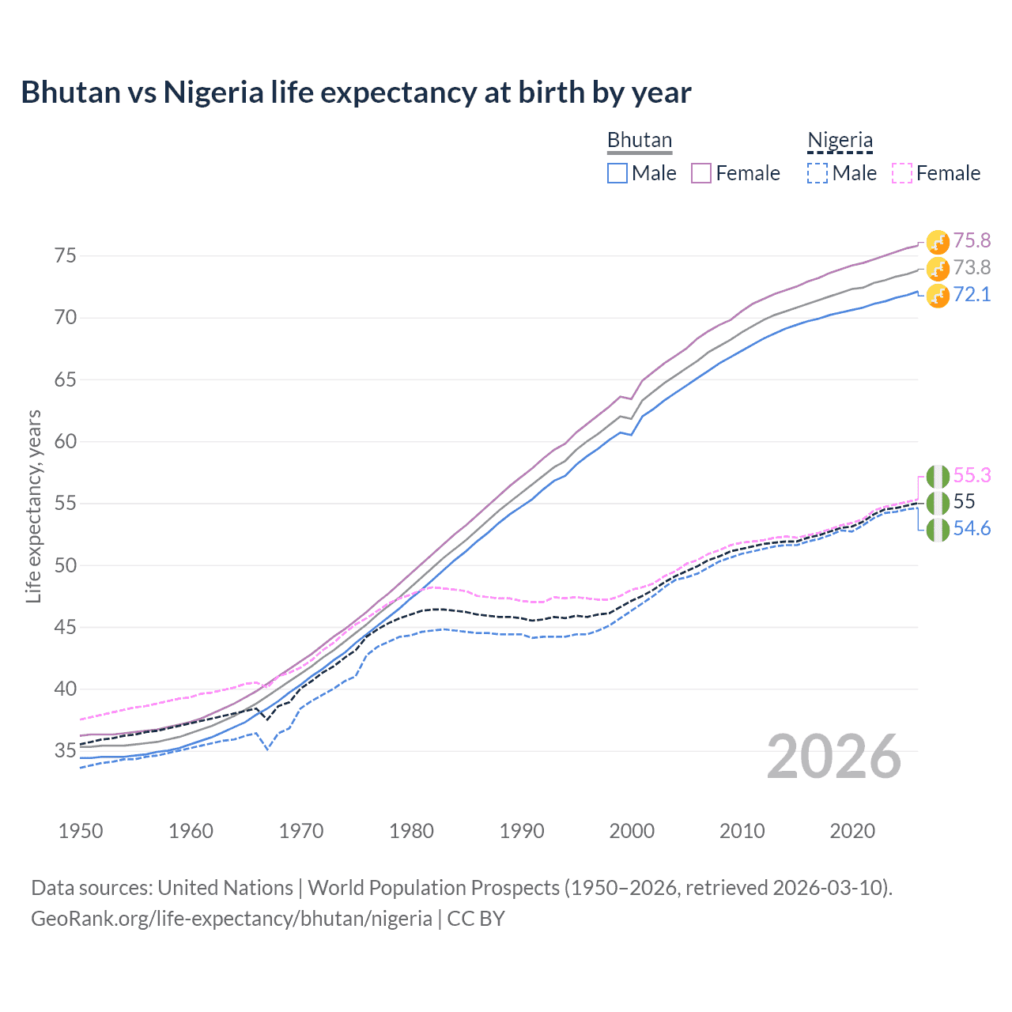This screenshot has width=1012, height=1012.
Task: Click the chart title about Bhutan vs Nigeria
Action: [x=356, y=93]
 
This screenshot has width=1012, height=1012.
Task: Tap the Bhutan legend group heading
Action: [x=639, y=140]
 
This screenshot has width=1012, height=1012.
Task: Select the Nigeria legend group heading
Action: [x=840, y=140]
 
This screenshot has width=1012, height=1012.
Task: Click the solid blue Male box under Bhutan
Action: [x=617, y=173]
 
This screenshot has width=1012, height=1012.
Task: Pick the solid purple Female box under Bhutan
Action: [x=701, y=173]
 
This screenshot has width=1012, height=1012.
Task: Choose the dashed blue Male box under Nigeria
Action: [x=818, y=173]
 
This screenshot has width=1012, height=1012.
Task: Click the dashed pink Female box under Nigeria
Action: [x=901, y=173]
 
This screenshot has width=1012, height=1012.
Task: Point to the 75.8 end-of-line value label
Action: [x=972, y=240]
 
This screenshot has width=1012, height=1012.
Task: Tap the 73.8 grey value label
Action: [x=972, y=267]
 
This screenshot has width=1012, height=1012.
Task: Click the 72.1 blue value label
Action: [x=972, y=294]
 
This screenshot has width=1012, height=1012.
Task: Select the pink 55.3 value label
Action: [x=972, y=475]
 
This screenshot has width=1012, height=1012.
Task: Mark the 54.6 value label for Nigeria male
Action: [x=972, y=528]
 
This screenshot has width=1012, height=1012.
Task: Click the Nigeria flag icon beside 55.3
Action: [x=938, y=477]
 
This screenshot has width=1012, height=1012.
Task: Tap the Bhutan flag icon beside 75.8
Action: [x=938, y=242]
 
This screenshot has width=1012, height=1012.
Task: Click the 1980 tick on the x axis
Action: [x=411, y=831]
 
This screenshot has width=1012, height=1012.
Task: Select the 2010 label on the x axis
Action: [x=742, y=831]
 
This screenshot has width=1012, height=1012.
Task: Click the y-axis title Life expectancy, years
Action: [x=33, y=506]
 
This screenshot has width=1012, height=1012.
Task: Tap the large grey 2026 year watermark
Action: [x=833, y=757]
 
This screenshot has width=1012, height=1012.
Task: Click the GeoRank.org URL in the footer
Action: [x=231, y=919]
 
